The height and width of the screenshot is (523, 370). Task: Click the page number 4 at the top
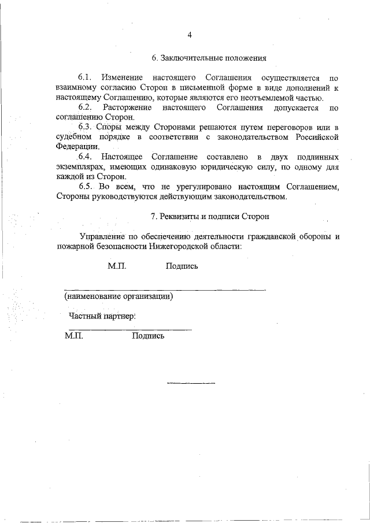tap(189, 35)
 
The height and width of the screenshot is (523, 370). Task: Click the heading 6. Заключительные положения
tap(209, 58)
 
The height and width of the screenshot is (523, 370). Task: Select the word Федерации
tap(77, 147)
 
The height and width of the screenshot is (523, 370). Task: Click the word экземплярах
tap(81, 167)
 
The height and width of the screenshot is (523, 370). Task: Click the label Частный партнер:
tap(102, 317)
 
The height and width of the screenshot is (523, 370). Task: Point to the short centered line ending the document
tap(191, 383)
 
